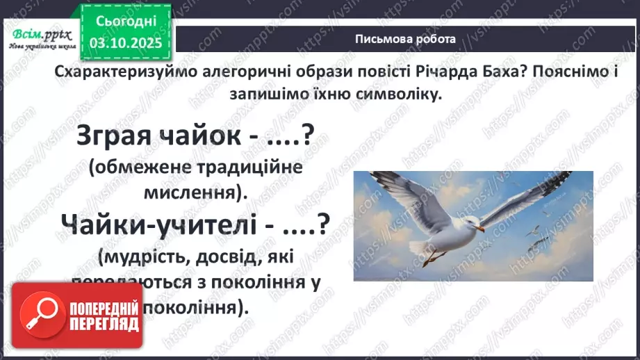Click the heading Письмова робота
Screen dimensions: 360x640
tap(405, 39)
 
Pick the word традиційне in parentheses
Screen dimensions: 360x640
tap(228, 169)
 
